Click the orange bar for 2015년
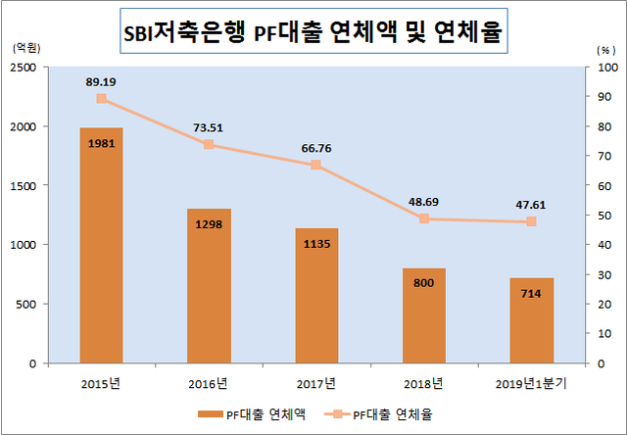coord(101,245)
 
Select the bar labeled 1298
coord(209,285)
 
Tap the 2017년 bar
coord(316,295)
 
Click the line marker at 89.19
coord(102,98)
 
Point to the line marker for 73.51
coord(209,145)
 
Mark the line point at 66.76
coord(316,165)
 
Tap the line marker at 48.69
coord(423,218)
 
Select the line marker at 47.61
coord(531,221)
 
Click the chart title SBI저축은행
coord(313,34)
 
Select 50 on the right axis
coord(600,216)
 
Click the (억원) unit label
coord(25,48)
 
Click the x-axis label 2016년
coord(209,382)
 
